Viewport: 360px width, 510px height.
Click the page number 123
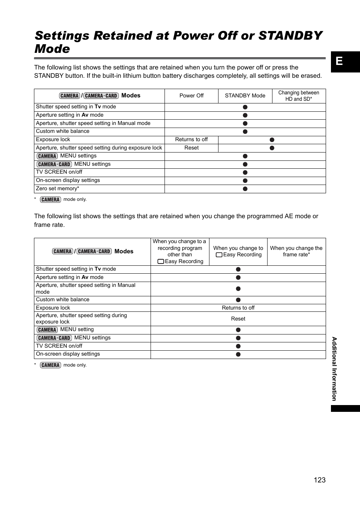coord(319,480)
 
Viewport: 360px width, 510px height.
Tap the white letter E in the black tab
coord(339,61)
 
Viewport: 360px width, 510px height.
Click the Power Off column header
coord(191,96)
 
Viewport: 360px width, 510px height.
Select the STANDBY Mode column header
coord(245,96)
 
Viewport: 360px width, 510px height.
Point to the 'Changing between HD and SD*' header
coord(298,96)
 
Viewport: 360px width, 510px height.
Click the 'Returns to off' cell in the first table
coord(191,139)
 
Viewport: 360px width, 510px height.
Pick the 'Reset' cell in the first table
coord(191,148)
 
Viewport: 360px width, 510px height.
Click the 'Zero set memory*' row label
coord(57,188)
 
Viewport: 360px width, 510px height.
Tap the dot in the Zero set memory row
coord(245,189)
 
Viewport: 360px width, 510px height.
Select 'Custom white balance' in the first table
coord(63,131)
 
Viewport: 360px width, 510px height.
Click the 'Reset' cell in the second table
coord(238,319)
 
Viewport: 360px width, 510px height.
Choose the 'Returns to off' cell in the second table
coord(238,308)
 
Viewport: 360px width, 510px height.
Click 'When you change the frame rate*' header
coord(296,251)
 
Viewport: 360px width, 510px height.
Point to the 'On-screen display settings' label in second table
coord(68,354)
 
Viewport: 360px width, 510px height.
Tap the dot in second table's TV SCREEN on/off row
coord(238,346)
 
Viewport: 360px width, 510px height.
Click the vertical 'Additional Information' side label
coord(334,369)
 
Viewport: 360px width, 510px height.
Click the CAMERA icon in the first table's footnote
coord(50,199)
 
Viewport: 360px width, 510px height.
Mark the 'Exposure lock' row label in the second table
coord(53,308)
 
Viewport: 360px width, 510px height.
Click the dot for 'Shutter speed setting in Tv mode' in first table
coord(245,107)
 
